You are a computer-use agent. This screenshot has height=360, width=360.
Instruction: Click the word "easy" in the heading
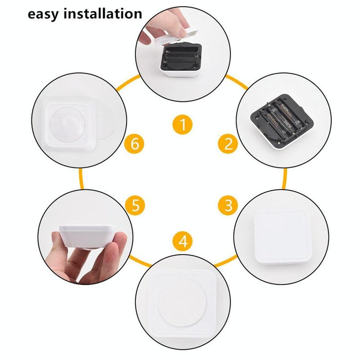44,14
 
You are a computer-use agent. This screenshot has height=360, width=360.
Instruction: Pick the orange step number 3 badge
228,206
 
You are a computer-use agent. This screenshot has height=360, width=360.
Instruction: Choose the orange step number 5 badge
135,206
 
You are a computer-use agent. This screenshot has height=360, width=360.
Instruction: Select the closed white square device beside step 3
282,235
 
